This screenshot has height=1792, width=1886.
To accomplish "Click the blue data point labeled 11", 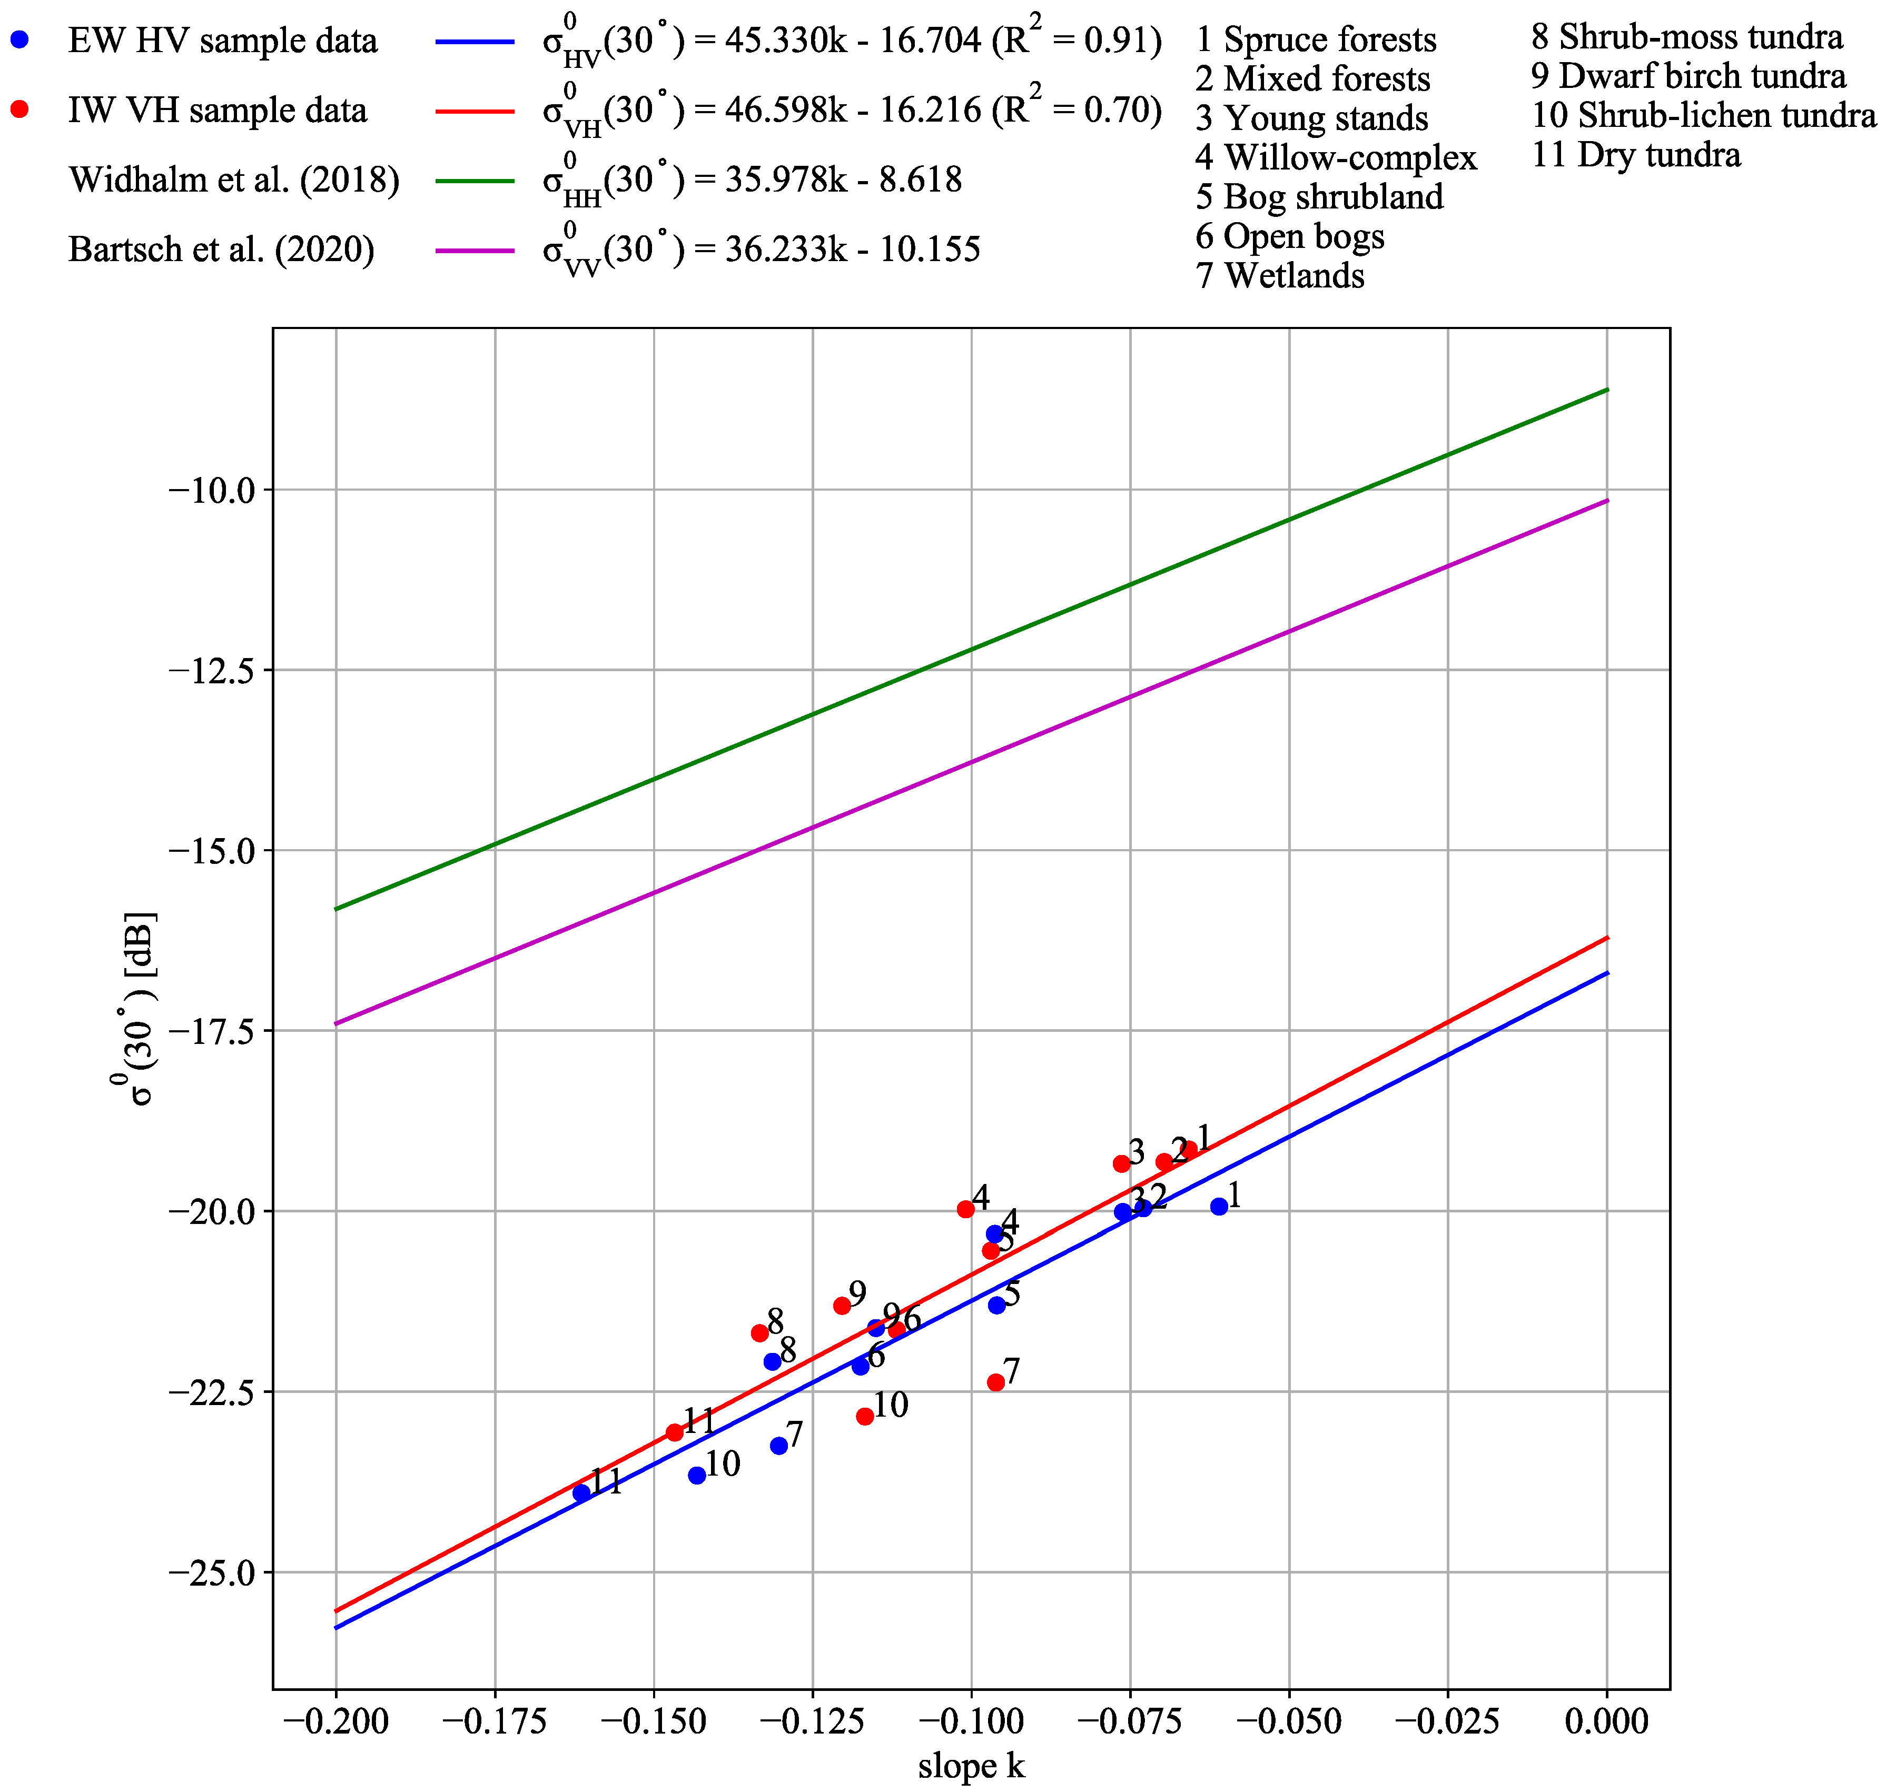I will [x=581, y=1493].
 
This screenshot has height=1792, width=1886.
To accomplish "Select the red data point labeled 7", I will [x=995, y=1382].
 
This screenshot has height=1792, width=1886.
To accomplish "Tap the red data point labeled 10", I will [x=865, y=1417].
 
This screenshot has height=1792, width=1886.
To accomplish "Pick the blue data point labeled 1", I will [x=1219, y=1207].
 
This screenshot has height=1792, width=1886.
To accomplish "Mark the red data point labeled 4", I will [x=966, y=1209].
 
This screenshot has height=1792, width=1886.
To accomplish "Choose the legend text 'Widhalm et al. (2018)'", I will [x=234, y=180].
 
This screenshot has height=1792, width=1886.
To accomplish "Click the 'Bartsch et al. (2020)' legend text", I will [x=222, y=250].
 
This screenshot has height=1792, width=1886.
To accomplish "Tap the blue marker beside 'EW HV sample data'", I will [x=19, y=40].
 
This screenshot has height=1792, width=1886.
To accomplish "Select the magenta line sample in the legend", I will [x=475, y=250].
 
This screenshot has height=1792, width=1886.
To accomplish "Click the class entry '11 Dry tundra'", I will [x=1636, y=155].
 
